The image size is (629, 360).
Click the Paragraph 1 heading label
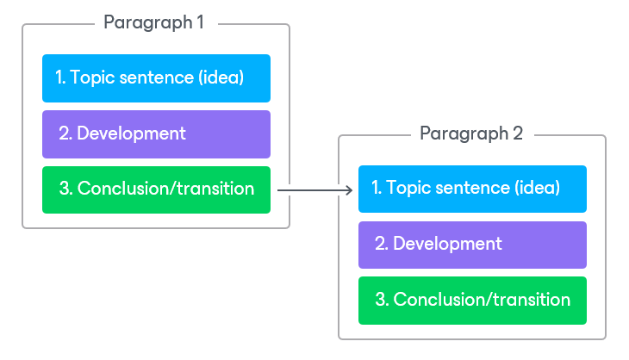[153, 23]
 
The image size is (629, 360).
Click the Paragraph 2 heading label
[471, 133]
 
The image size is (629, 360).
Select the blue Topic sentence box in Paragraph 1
[157, 78]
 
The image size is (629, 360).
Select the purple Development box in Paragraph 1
[157, 134]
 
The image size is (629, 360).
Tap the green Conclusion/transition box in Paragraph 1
[157, 189]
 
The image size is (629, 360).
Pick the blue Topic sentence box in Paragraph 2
[472, 189]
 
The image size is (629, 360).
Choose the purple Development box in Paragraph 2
[472, 245]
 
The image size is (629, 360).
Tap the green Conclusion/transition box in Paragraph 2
[472, 301]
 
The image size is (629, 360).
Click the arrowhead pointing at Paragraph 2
[350, 190]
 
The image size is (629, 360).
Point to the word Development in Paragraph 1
[131, 133]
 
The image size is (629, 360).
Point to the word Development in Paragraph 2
[447, 244]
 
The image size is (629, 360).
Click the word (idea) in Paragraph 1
[221, 78]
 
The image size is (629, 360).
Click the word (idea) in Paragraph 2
[537, 188]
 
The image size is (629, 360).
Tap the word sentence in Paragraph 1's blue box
[157, 78]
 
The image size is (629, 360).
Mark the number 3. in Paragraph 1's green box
[66, 189]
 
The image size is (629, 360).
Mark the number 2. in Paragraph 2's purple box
[382, 244]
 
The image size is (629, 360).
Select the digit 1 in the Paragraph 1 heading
[200, 22]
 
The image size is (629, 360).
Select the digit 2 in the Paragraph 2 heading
[518, 133]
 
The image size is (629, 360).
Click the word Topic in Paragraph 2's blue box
[408, 189]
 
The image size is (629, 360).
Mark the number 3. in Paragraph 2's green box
[383, 300]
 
